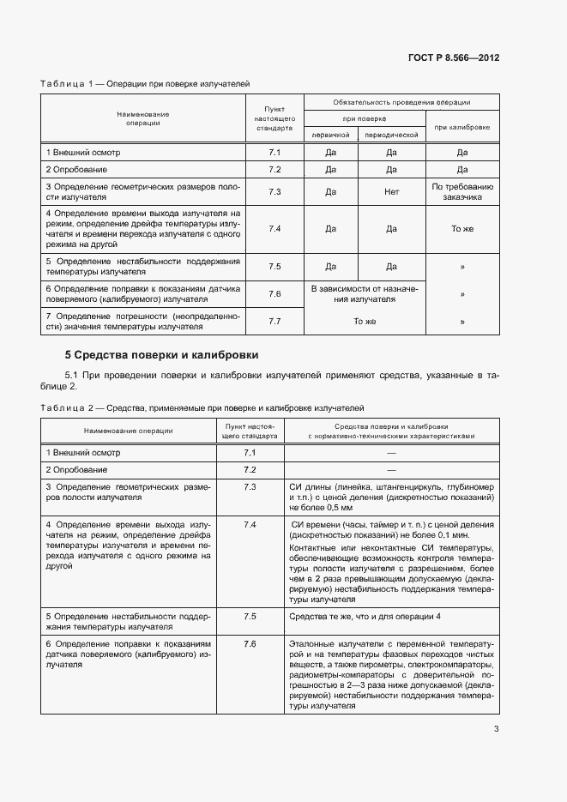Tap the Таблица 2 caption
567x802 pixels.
point(202,408)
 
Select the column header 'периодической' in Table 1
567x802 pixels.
point(391,135)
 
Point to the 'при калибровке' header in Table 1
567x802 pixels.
point(461,126)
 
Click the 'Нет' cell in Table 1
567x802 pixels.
point(391,191)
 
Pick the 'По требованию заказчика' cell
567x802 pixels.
point(461,191)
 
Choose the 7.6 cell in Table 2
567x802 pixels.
point(250,643)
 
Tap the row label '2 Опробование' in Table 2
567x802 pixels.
point(76,469)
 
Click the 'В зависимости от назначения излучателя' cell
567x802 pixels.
point(360,294)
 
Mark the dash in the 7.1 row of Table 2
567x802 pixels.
point(390,452)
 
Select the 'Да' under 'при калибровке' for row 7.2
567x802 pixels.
point(461,170)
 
